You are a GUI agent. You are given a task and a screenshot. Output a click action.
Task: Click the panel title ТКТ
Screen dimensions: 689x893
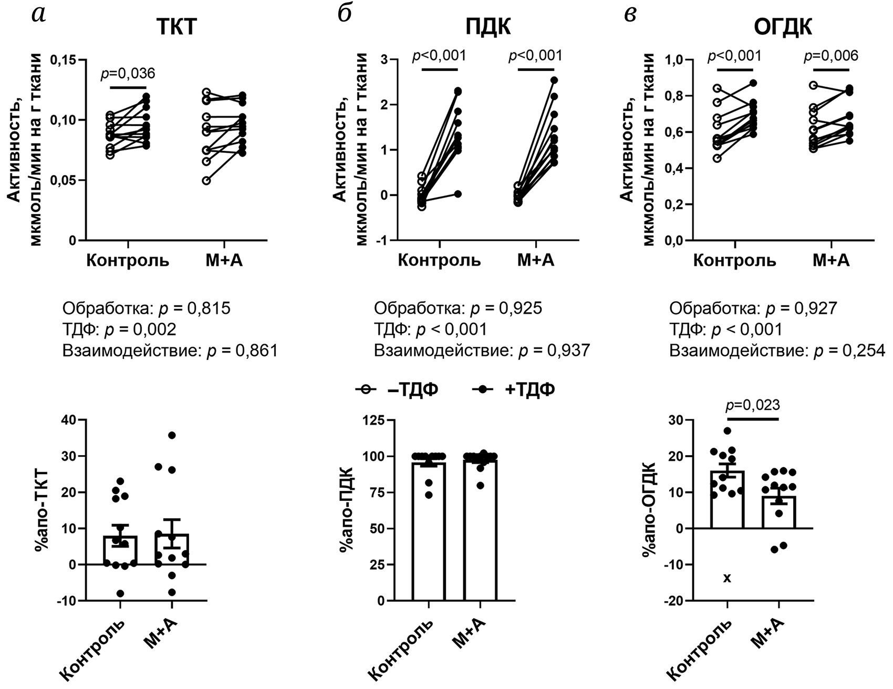(x=176, y=26)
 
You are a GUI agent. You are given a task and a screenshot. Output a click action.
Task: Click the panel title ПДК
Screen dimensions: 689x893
(x=488, y=26)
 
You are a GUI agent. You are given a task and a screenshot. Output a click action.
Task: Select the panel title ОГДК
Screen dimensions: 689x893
(x=783, y=26)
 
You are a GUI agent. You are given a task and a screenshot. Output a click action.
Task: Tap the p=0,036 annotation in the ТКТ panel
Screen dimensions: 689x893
(x=128, y=73)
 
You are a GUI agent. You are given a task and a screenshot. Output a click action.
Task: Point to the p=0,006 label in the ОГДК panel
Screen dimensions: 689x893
(x=831, y=56)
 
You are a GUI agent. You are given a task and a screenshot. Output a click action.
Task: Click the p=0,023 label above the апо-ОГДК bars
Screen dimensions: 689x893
(x=753, y=405)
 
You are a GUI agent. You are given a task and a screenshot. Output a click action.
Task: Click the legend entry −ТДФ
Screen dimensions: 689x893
(x=398, y=389)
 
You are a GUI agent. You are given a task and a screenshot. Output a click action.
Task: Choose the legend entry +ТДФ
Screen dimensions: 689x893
(x=514, y=389)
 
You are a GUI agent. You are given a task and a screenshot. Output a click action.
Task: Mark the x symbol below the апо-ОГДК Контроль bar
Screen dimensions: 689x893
(x=727, y=578)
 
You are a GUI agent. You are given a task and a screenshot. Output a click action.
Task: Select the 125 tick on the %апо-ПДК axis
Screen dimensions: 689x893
(x=375, y=420)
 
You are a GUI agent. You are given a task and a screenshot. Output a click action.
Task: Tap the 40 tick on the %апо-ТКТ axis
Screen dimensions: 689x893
(x=69, y=420)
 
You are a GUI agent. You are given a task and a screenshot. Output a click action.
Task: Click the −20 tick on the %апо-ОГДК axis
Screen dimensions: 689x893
(x=677, y=601)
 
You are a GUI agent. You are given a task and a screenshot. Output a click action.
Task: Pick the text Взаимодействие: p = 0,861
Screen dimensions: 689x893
(x=170, y=351)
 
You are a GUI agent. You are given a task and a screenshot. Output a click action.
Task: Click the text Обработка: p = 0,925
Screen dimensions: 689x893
(x=458, y=308)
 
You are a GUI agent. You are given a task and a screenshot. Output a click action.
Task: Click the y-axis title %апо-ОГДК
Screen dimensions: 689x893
(x=648, y=509)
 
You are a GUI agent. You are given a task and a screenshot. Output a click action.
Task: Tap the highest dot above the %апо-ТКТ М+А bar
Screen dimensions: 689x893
(x=171, y=435)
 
